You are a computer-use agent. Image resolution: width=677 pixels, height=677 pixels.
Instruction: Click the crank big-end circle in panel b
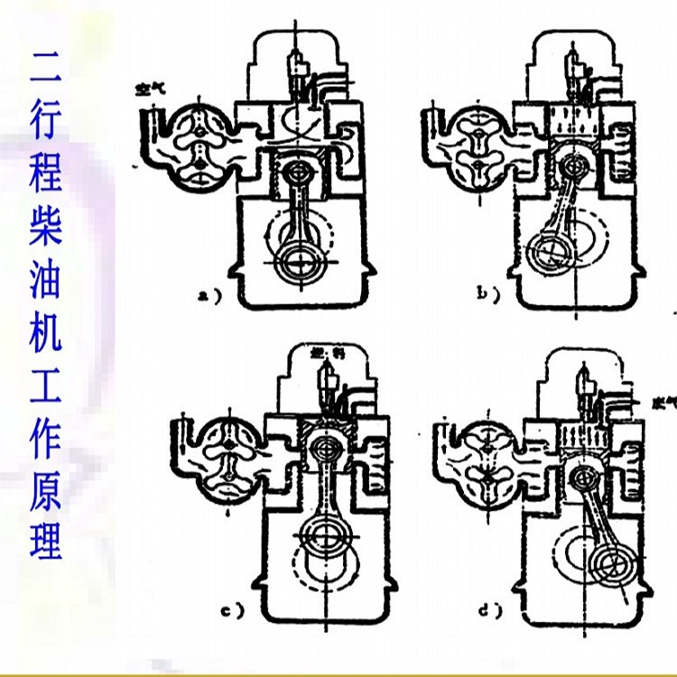547,247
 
